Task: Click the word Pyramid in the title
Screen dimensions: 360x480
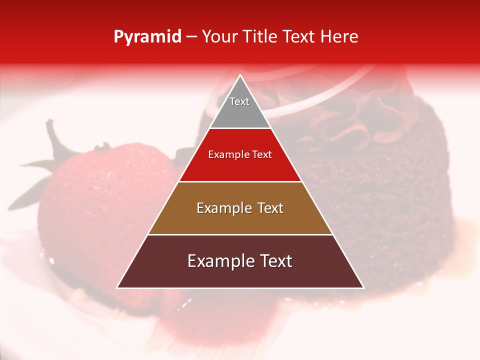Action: click(147, 37)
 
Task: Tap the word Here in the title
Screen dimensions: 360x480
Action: click(339, 37)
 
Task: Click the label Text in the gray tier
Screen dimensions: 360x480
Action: click(239, 101)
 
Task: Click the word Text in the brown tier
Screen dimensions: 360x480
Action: click(267, 208)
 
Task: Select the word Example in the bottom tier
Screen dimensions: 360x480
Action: click(219, 261)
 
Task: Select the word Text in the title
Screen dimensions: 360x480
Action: click(301, 37)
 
